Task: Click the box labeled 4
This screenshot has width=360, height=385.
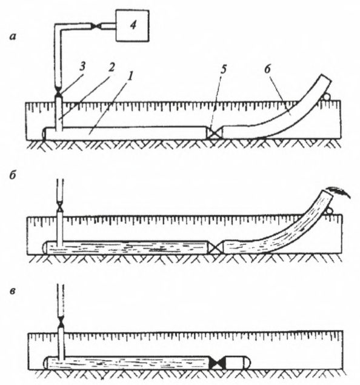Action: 132,25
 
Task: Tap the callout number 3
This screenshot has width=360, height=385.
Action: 82,67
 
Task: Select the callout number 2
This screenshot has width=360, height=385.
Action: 111,67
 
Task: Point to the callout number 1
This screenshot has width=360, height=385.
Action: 130,76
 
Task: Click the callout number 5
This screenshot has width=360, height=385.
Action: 223,69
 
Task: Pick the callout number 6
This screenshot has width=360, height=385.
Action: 267,69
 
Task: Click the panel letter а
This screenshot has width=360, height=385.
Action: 13,37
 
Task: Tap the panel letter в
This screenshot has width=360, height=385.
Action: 13,291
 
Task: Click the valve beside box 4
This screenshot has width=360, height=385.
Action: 96,26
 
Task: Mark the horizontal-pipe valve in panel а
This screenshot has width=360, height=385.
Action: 215,133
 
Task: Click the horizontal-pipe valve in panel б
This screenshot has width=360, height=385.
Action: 216,248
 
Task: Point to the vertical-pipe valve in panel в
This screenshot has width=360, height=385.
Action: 61,322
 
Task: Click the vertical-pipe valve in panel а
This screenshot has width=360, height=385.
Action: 59,93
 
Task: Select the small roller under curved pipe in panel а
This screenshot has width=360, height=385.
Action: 326,97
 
